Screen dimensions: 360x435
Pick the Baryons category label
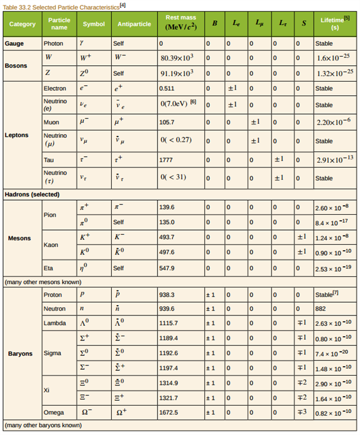point(20,353)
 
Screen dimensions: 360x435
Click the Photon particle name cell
point(53,44)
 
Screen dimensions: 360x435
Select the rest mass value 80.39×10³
point(177,57)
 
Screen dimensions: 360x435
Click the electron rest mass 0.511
point(167,88)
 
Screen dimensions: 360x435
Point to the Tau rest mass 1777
point(167,160)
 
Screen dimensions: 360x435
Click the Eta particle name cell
point(49,267)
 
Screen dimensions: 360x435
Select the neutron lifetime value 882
point(322,309)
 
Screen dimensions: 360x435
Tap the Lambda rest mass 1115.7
point(170,323)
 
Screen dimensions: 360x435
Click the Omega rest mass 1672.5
point(170,412)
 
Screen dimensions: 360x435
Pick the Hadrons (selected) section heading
point(32,194)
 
